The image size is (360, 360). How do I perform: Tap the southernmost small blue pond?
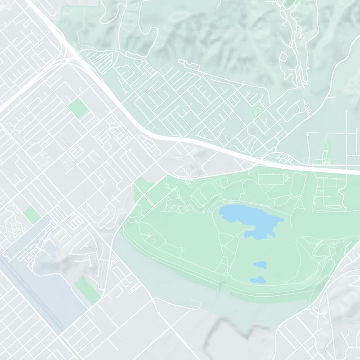tap(258, 280)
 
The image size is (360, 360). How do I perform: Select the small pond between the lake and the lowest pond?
tap(260, 265)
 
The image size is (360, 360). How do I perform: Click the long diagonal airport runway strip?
tap(31, 292)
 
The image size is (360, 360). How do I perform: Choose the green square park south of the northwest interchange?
tap(78, 108)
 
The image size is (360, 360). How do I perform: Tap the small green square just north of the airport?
tap(32, 215)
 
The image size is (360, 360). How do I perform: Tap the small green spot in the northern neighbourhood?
tap(257, 110)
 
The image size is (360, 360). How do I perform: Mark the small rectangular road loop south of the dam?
tap(195, 305)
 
